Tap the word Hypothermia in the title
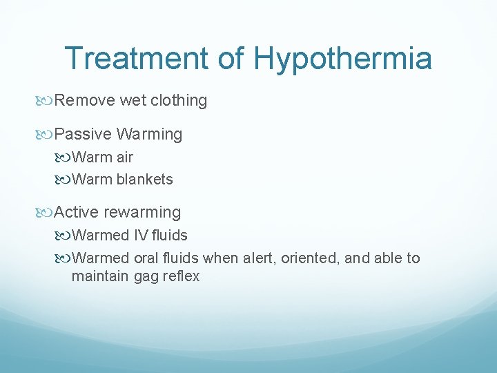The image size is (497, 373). [343, 59]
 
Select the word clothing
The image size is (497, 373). [177, 101]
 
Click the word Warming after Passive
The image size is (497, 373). [150, 134]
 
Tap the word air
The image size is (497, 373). [125, 157]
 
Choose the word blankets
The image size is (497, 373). [144, 180]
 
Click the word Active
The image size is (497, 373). [77, 212]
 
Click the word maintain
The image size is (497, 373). [97, 276]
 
